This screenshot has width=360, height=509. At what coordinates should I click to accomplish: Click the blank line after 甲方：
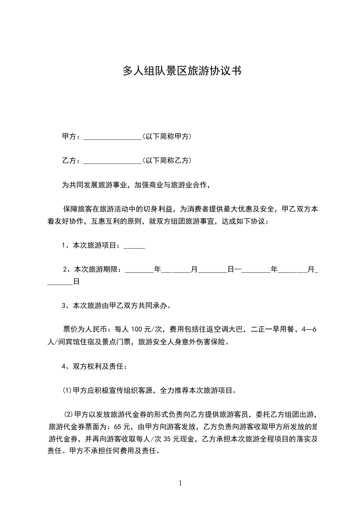(113, 137)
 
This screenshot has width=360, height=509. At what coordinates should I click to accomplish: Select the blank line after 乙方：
(113, 161)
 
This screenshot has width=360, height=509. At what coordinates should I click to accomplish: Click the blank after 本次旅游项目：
(134, 246)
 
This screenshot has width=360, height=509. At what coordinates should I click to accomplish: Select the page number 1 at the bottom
(180, 483)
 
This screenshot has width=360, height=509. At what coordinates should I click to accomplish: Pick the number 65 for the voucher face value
(119, 427)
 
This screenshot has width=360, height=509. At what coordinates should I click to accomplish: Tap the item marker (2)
(68, 415)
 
